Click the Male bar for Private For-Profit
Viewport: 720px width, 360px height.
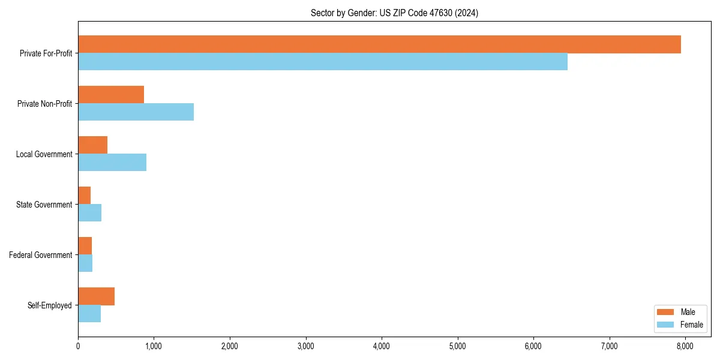click(x=379, y=44)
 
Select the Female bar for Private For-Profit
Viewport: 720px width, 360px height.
click(x=323, y=61)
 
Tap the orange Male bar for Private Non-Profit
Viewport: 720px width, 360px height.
click(x=111, y=95)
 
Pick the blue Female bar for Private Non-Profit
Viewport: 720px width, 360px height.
click(x=136, y=112)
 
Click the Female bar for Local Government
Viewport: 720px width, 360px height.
click(x=112, y=162)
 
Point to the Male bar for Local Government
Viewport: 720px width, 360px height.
click(x=92, y=145)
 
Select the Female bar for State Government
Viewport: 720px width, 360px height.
click(x=89, y=212)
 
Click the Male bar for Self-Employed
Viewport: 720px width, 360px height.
click(x=96, y=296)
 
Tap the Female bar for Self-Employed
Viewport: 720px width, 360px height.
click(x=89, y=313)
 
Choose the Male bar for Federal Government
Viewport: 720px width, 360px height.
click(x=85, y=246)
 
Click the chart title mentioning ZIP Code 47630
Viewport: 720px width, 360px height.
click(x=394, y=13)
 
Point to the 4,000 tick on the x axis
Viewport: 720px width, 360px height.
click(x=382, y=346)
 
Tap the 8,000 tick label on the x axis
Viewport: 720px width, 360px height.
click(x=685, y=346)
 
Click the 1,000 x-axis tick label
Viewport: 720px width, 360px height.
click(x=154, y=346)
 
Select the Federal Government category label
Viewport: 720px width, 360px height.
click(x=41, y=255)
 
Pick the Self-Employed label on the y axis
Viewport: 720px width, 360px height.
click(x=50, y=305)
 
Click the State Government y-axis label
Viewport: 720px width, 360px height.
click(x=44, y=205)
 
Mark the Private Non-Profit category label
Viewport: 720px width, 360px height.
click(x=44, y=104)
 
